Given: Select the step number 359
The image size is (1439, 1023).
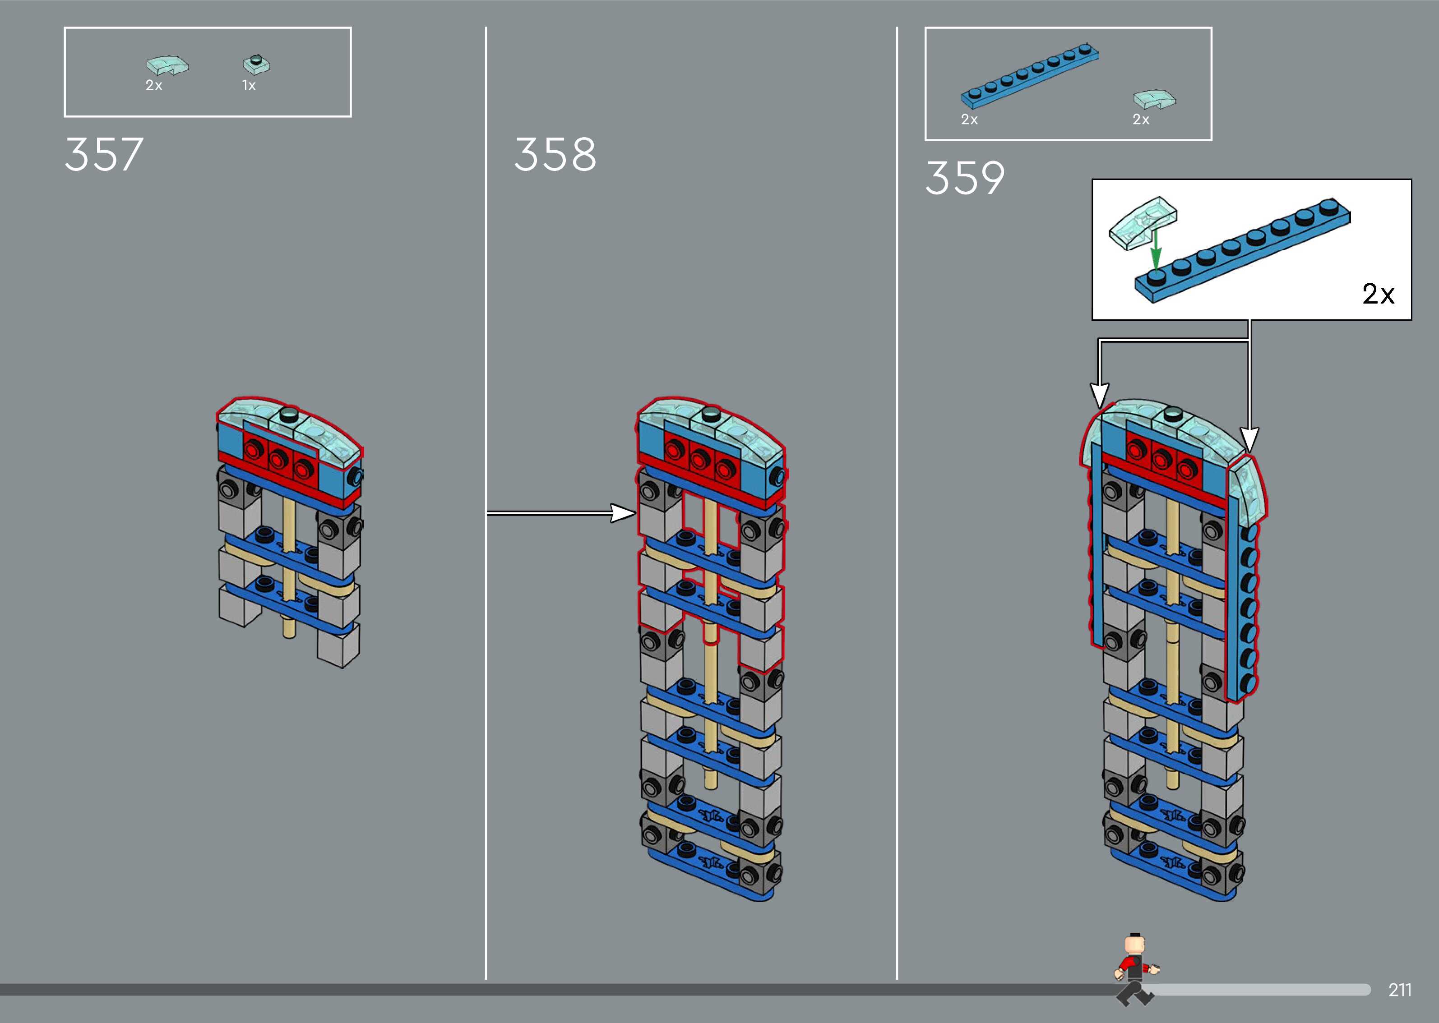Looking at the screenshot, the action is point(965,178).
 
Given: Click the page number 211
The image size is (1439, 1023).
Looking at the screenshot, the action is point(1399,990).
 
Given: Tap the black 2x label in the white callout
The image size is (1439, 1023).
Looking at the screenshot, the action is point(1378,294).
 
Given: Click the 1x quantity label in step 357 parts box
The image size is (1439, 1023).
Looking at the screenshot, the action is point(249,86).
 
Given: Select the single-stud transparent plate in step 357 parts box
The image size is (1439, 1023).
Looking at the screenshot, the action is point(256,64).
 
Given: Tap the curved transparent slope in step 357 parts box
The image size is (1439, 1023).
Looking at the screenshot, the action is point(167,65).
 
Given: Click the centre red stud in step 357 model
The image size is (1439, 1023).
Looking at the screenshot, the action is point(278,459).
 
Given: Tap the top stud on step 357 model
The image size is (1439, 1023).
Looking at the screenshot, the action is point(290,414).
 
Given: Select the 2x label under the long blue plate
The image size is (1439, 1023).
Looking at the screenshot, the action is point(969,120).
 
